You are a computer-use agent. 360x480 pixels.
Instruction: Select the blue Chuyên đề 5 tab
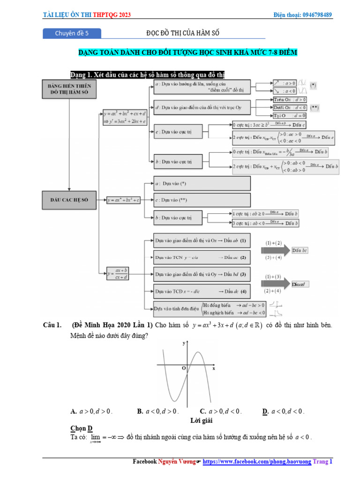pos(72,33)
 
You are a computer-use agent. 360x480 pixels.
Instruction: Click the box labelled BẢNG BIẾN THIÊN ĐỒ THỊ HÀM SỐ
pos(69,90)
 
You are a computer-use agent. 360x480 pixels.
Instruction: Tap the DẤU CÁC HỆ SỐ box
pos(69,200)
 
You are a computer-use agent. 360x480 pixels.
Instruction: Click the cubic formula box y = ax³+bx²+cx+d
pos(126,117)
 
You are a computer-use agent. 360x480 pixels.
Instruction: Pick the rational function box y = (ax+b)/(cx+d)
pos(118,274)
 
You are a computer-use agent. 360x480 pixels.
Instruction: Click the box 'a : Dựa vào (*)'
pos(202,183)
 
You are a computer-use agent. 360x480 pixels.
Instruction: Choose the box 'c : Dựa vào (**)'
pos(202,200)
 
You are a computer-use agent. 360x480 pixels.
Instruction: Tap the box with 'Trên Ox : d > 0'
pos(289,100)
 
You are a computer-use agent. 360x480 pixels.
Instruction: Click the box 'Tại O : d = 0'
pos(289,115)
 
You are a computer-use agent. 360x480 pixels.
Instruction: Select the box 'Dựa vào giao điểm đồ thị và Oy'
pos(202,274)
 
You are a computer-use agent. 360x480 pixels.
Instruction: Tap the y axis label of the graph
pos(183,344)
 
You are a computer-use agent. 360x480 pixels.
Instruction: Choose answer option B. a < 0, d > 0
pos(157,412)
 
